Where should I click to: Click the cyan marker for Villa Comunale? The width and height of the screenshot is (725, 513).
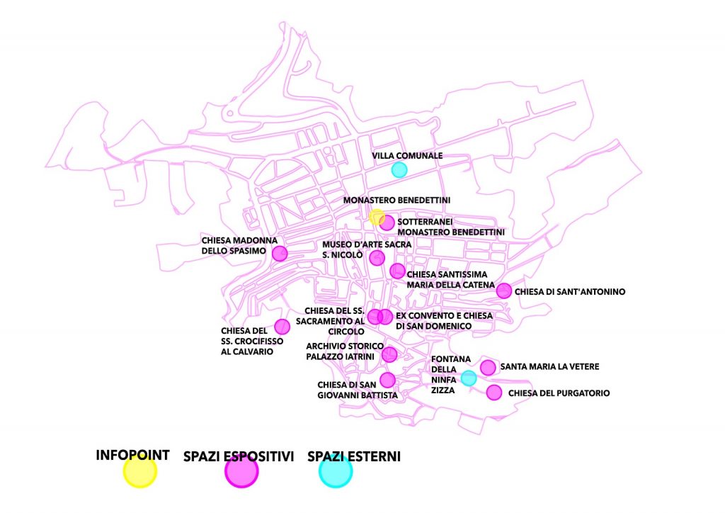[399, 169]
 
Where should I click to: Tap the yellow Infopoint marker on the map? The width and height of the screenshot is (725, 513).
[377, 217]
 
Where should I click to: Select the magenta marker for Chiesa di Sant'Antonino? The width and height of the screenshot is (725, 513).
[504, 291]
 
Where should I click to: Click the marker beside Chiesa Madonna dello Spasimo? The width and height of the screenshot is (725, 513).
[280, 253]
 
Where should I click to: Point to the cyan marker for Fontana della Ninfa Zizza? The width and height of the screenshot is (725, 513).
[468, 378]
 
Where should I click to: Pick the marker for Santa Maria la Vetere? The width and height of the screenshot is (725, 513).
[488, 367]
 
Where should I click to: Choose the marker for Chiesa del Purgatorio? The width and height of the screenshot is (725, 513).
[494, 393]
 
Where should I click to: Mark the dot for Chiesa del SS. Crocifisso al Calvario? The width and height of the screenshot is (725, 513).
[282, 327]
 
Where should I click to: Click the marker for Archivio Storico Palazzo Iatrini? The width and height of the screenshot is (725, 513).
[389, 354]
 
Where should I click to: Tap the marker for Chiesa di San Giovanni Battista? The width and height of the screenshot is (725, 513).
[387, 379]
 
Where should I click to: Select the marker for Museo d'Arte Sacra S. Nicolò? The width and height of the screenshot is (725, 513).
[377, 257]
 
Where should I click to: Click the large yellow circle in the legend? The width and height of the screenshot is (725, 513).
[139, 471]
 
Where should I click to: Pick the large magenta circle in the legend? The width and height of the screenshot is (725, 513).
[241, 472]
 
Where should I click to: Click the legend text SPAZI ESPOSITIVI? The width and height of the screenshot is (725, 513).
[239, 457]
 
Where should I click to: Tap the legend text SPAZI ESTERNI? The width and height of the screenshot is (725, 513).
[354, 457]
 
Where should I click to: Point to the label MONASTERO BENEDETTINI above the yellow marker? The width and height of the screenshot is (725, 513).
[396, 201]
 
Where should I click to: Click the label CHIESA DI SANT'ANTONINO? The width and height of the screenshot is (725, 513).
[570, 291]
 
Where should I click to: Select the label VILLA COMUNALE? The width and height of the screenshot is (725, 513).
[407, 156]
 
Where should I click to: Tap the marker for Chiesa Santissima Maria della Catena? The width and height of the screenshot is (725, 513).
[397, 271]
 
